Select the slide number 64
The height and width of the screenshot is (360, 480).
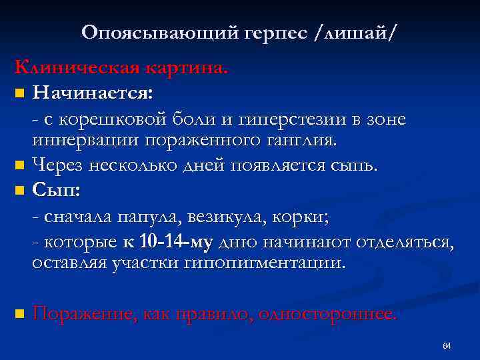[447, 345]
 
